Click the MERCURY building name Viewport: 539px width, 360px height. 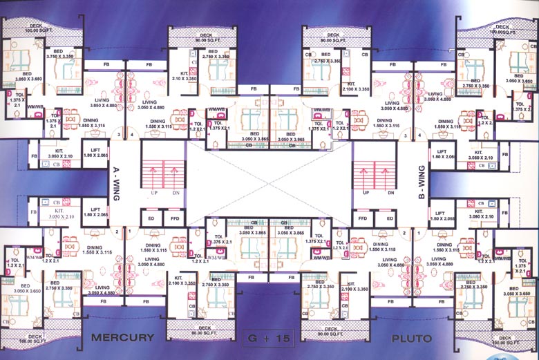122,338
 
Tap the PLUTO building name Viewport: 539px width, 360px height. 412,339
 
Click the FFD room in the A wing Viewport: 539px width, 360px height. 175,218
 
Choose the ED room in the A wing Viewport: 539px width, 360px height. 151,218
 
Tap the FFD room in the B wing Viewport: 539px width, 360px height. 363,218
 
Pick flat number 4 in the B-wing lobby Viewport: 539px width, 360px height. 403,135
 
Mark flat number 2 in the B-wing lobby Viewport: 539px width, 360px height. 403,232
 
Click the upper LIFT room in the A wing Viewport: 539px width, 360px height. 96,153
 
